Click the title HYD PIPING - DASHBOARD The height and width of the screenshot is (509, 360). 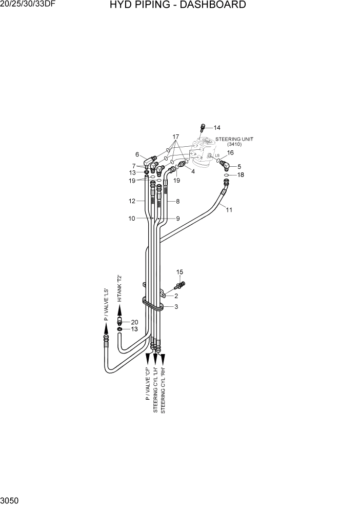(x=177, y=6)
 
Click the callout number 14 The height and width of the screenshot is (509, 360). (x=217, y=128)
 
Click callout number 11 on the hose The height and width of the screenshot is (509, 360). (x=229, y=209)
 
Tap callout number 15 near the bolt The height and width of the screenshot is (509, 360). (x=179, y=272)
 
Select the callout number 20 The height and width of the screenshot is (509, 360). (x=134, y=322)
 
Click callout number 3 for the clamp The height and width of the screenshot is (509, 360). (x=176, y=307)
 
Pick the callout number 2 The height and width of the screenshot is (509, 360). (x=176, y=296)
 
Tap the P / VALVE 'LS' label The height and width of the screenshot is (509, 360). (x=106, y=304)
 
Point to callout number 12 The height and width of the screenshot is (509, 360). (x=132, y=202)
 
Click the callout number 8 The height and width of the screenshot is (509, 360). (x=177, y=202)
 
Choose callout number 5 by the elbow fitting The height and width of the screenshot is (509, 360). (x=239, y=166)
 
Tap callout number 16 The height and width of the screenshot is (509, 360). (x=230, y=152)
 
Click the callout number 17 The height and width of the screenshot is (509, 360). (x=175, y=137)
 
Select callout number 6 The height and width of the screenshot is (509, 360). (x=137, y=154)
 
